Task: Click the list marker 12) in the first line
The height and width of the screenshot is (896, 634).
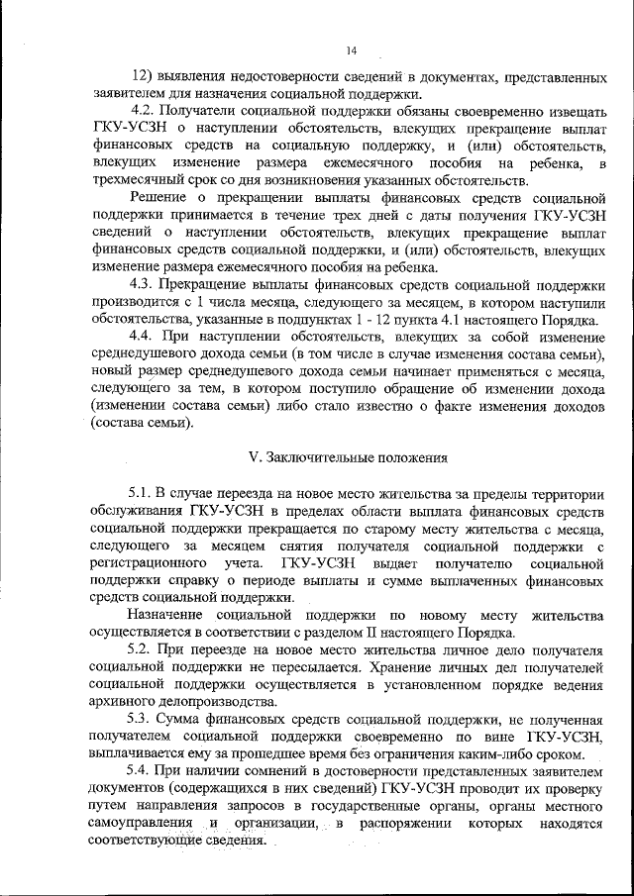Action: (143, 76)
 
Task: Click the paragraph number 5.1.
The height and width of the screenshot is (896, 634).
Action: (140, 492)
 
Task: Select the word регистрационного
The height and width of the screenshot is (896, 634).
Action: (150, 562)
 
